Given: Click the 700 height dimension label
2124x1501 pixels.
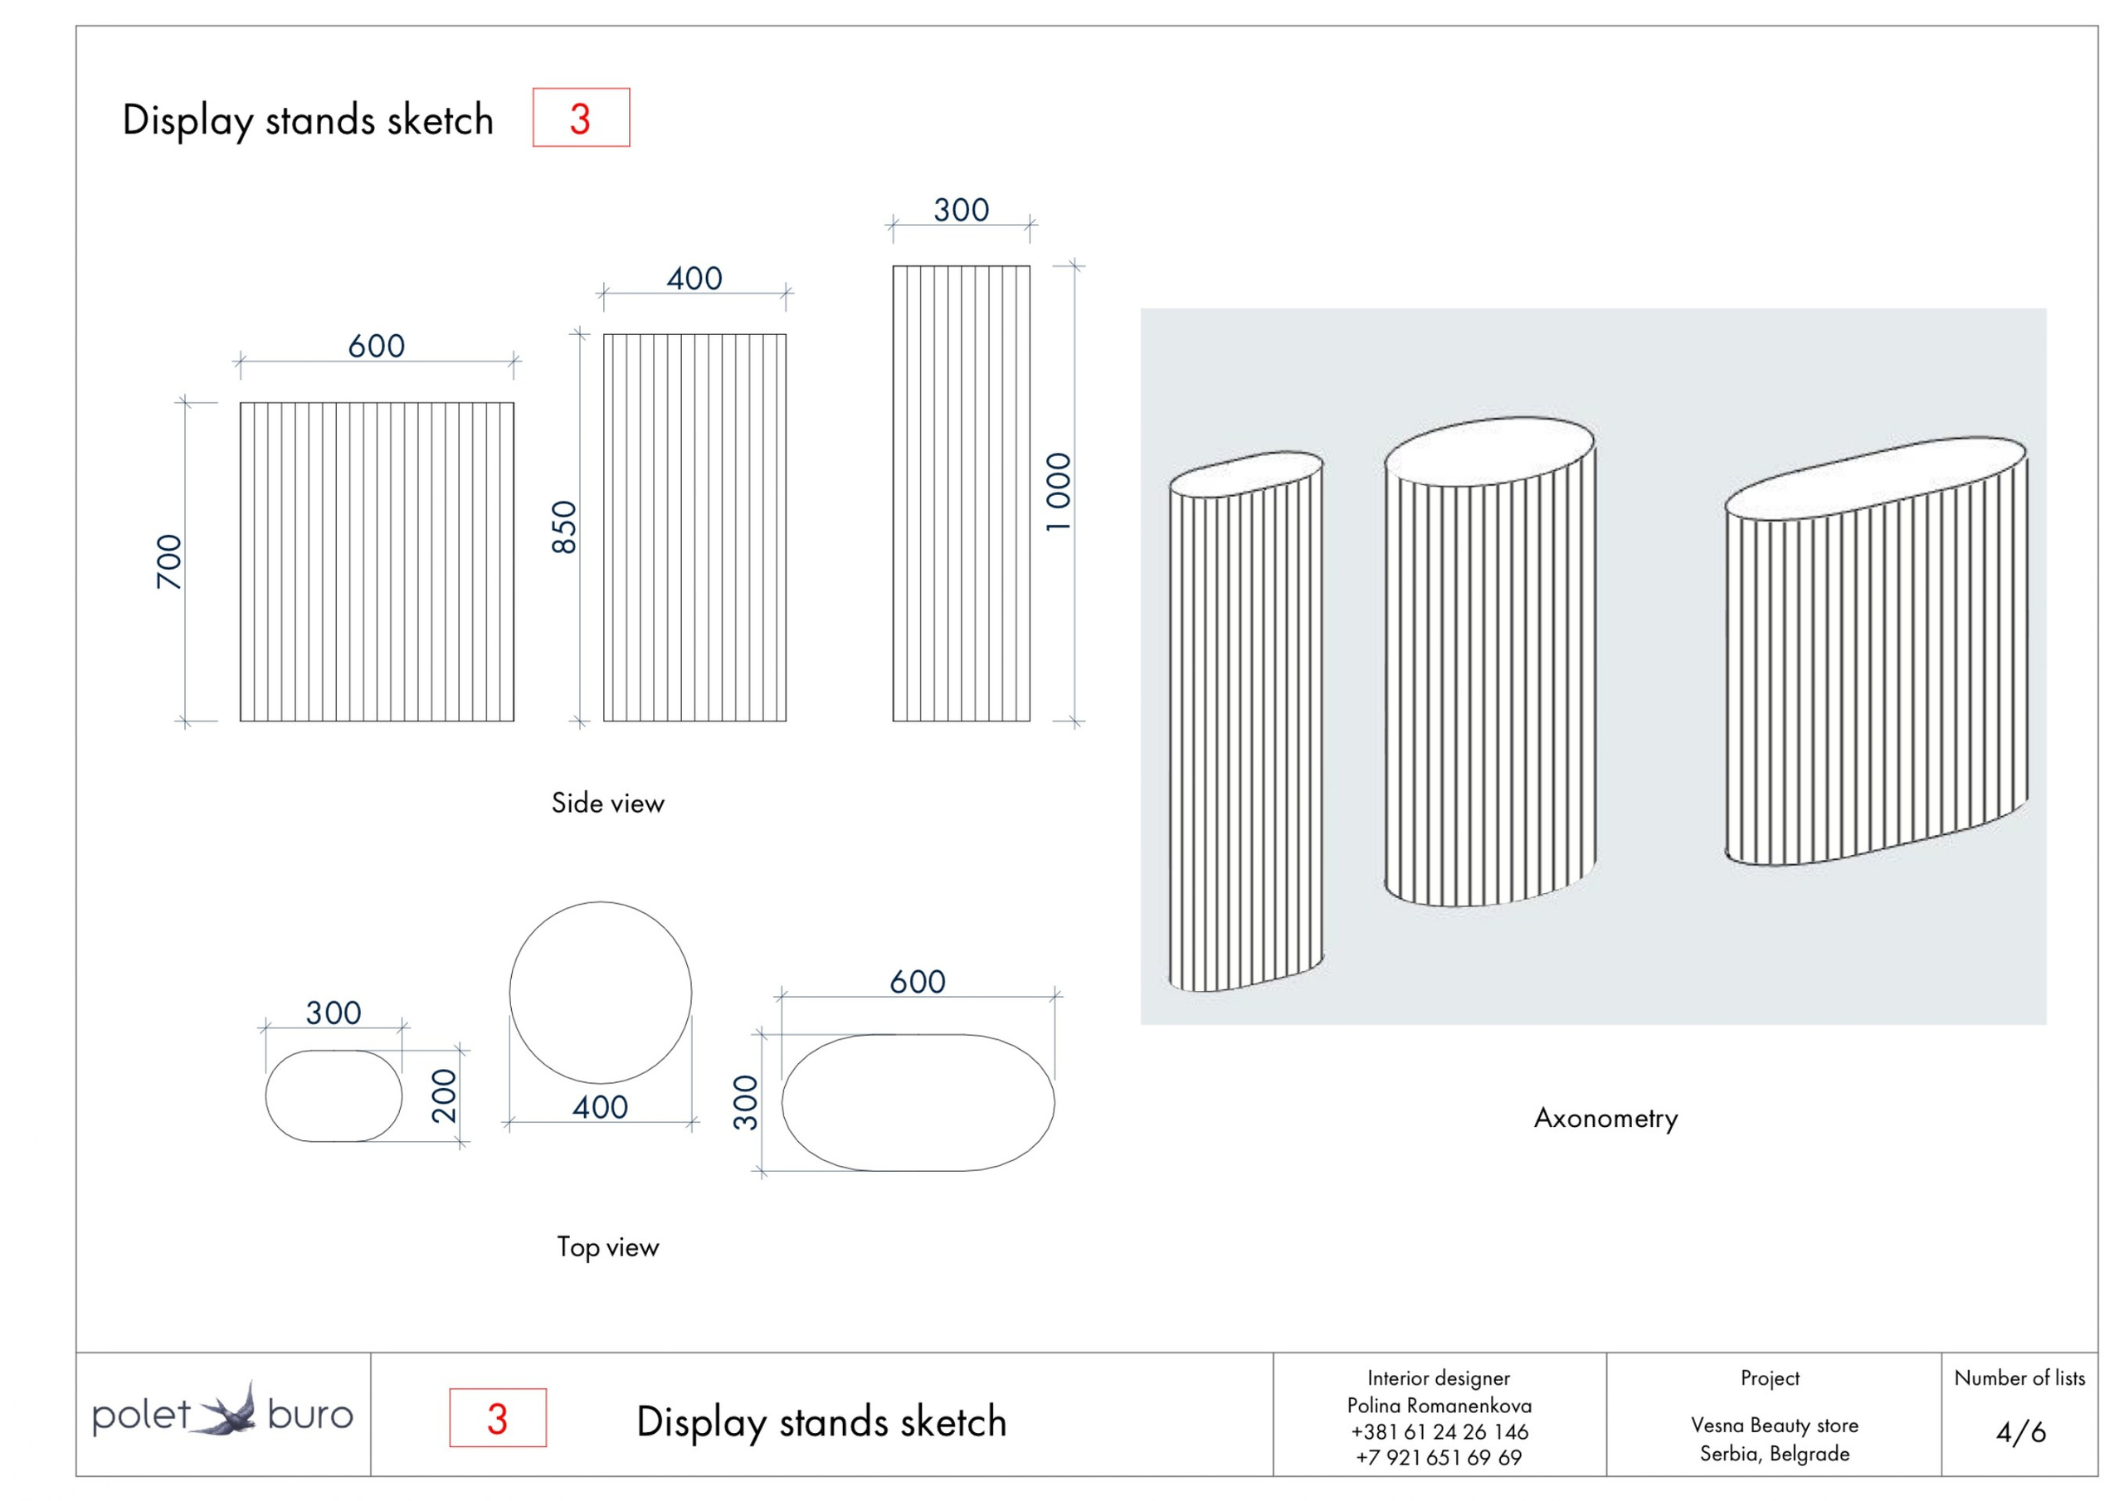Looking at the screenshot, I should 168,561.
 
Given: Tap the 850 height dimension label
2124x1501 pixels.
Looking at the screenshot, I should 563,527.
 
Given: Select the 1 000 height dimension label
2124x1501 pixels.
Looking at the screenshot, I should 1057,491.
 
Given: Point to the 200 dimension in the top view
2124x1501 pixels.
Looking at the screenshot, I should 444,1096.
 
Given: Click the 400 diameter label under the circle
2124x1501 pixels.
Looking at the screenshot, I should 600,1107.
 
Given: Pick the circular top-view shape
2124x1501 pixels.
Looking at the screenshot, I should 600,993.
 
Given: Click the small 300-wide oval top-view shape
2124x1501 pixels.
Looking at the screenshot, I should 333,1096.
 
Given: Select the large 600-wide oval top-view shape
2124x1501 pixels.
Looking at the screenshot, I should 918,1102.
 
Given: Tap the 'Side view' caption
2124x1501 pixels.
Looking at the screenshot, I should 608,803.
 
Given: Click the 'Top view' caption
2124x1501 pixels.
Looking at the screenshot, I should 608,1246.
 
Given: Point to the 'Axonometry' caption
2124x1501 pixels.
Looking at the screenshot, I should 1605,1118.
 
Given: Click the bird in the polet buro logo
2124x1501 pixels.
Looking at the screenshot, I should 228,1411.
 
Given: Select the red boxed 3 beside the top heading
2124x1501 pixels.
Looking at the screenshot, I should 580,119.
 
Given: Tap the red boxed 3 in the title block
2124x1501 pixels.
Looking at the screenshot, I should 498,1419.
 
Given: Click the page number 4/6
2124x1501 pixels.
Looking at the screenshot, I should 2019,1432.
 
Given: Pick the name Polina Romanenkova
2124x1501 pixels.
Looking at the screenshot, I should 1439,1406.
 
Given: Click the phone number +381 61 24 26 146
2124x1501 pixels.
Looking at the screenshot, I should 1439,1431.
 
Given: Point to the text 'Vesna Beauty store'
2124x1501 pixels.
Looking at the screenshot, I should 1773,1426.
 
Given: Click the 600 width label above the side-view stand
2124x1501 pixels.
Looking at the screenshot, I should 377,346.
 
